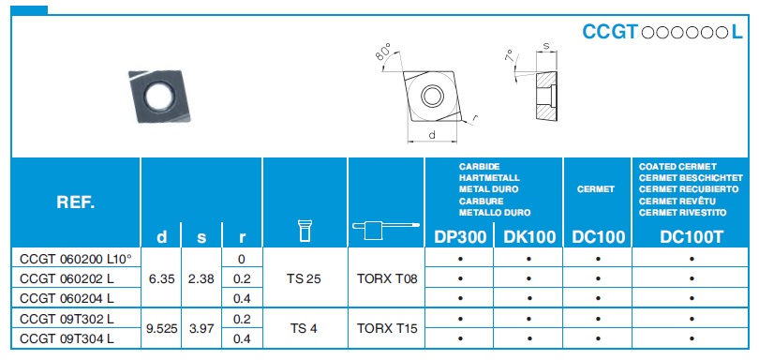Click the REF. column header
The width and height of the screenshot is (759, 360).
coord(76,202)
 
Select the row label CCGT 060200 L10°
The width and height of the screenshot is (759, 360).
coord(76,260)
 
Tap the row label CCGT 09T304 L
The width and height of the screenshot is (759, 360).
coord(67,338)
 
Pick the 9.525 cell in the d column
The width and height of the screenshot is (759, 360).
coord(161,328)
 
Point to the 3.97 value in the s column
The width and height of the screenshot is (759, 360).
coord(201,328)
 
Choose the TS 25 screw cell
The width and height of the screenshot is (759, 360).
coord(305,278)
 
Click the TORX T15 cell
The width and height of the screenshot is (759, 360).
coord(386,328)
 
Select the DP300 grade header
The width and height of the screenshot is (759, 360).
coord(460,237)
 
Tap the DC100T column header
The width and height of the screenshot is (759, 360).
coord(692,237)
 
